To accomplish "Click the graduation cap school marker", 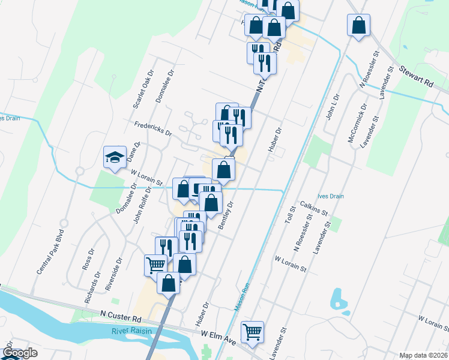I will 113,157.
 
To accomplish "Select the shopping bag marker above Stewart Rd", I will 358,26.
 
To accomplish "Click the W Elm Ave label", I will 218,334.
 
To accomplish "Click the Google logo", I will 20,353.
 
